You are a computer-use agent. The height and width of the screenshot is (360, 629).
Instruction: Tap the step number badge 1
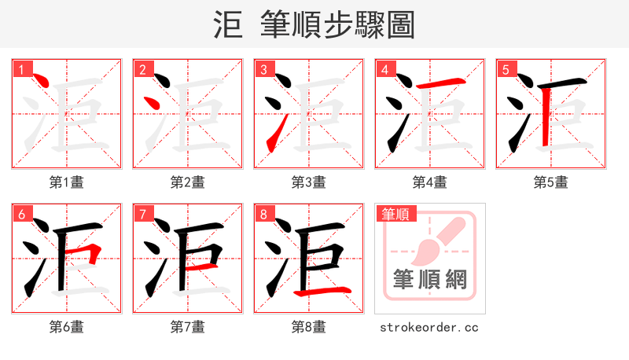pyautogui.click(x=20, y=69)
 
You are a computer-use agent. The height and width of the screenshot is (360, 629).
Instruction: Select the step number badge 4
pyautogui.click(x=384, y=69)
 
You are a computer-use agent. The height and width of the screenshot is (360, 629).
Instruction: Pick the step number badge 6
pyautogui.click(x=20, y=213)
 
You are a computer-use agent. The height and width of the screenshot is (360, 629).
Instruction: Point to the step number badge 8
pyautogui.click(x=263, y=213)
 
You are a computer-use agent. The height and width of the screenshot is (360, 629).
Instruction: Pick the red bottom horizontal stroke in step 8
pyautogui.click(x=322, y=292)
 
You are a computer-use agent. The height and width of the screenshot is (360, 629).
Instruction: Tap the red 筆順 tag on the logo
pyautogui.click(x=396, y=213)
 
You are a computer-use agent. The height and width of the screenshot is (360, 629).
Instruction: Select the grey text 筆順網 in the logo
pyautogui.click(x=429, y=278)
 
